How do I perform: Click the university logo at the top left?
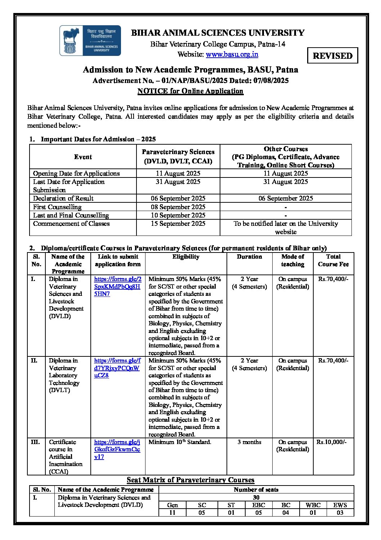point(90,40)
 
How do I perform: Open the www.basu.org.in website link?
point(232,54)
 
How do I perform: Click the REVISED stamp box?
point(332,56)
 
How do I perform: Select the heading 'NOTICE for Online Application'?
point(190,91)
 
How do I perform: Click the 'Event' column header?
point(83,157)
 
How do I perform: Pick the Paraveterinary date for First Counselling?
point(178,207)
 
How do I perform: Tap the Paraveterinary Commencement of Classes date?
point(178,224)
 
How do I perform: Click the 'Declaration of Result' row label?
point(63,198)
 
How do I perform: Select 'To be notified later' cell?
point(286,228)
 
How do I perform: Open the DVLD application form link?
point(117,286)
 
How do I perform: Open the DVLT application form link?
point(117,368)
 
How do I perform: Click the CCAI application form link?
point(117,449)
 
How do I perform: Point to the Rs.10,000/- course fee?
point(332,442)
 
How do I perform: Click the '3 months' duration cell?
point(249,442)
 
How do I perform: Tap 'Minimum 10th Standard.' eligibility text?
point(180,442)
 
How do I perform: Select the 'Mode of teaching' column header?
point(292,260)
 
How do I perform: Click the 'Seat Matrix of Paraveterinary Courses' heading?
point(190,480)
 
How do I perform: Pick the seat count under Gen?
point(172,513)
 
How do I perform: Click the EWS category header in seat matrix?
point(340,505)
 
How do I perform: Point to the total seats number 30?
point(256,497)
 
